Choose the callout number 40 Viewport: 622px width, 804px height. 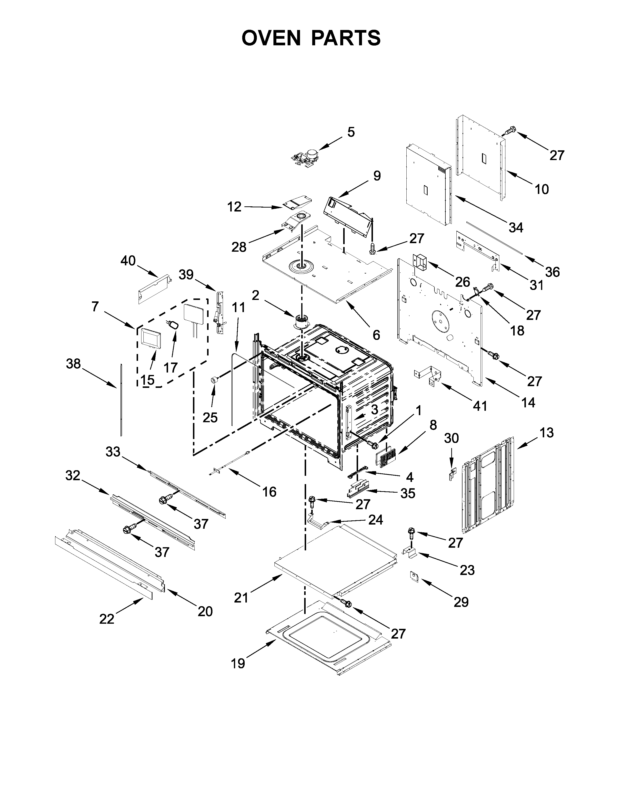128,261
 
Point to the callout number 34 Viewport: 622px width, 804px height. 516,228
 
